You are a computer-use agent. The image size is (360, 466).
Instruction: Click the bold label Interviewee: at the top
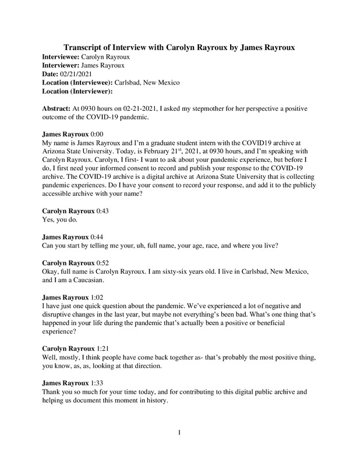pyautogui.click(x=61, y=58)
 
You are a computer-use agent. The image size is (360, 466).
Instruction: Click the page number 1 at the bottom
pyautogui.click(x=180, y=432)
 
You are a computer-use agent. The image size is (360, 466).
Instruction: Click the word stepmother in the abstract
pyautogui.click(x=237, y=108)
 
